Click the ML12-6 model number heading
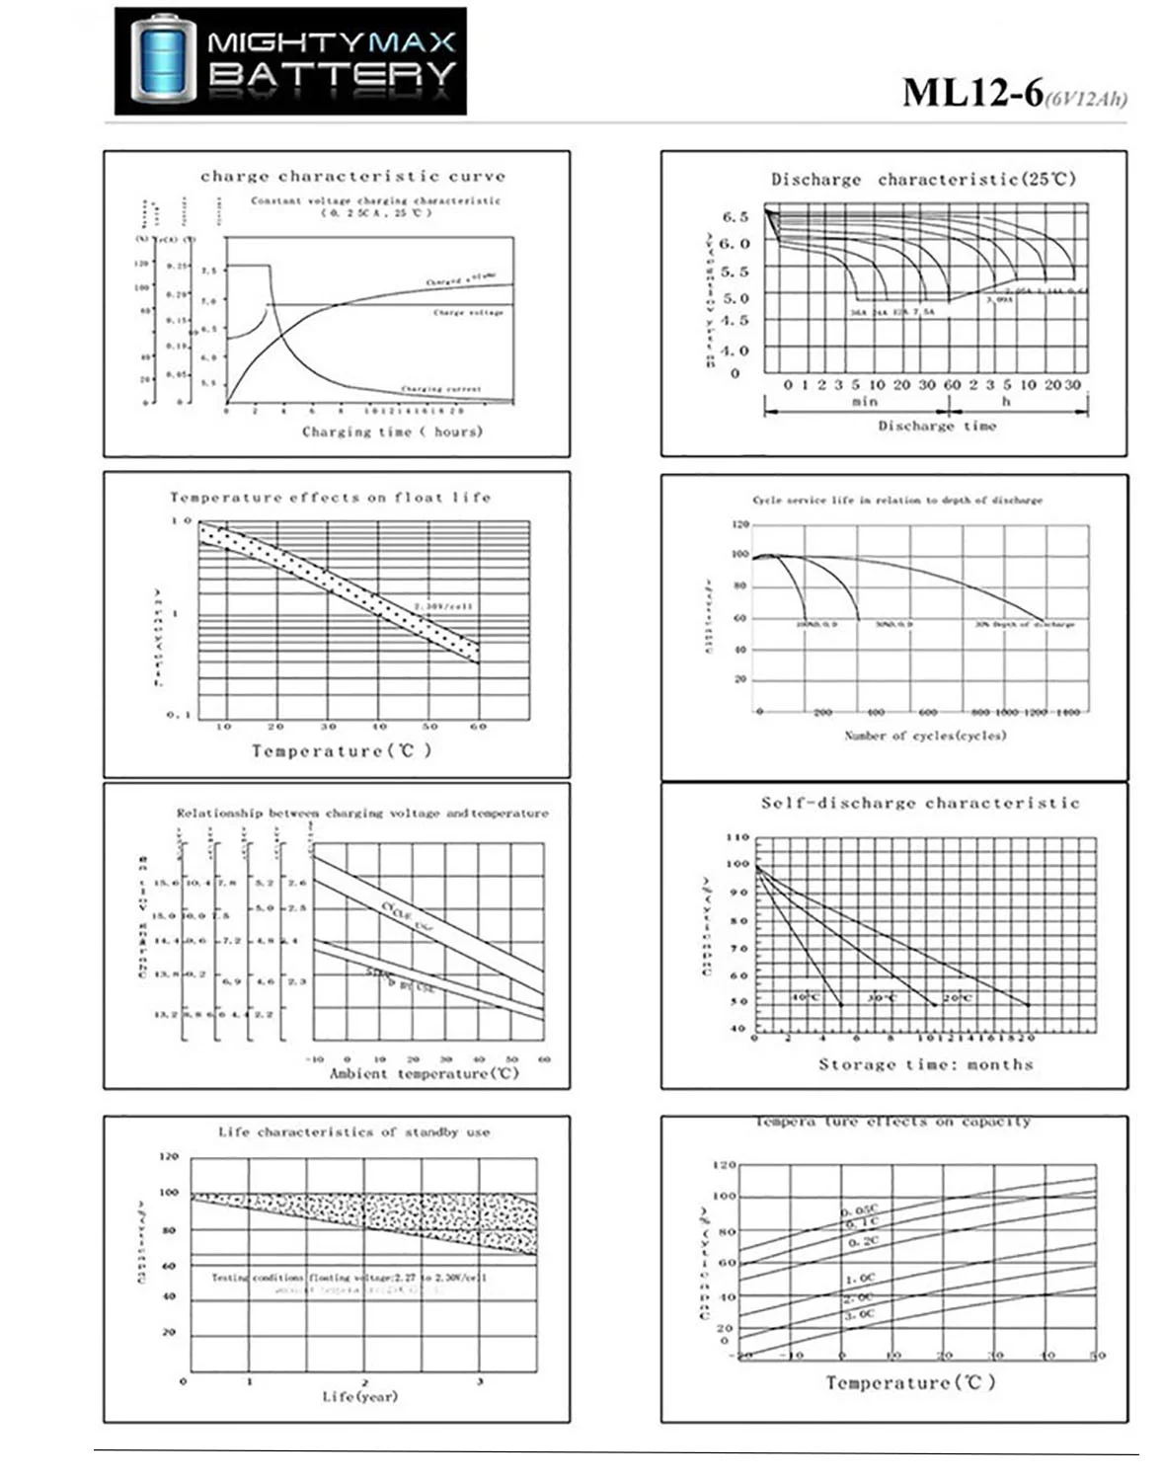pyautogui.click(x=972, y=92)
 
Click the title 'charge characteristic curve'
pyautogui.click(x=352, y=177)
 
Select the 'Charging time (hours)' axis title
pyautogui.click(x=392, y=431)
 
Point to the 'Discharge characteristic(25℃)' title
pyautogui.click(x=923, y=180)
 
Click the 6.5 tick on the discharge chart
pyautogui.click(x=736, y=216)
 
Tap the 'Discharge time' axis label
pyautogui.click(x=937, y=426)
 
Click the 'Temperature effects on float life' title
pyautogui.click(x=330, y=498)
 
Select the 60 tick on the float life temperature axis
pyautogui.click(x=478, y=727)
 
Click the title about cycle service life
pyautogui.click(x=896, y=500)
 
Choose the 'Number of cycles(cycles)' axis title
pyautogui.click(x=925, y=736)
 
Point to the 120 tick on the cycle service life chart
pyautogui.click(x=740, y=524)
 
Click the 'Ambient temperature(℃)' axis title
pyautogui.click(x=424, y=1073)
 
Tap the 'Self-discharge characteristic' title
pyautogui.click(x=920, y=804)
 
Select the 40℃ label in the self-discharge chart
pyautogui.click(x=806, y=997)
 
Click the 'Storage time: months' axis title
pyautogui.click(x=925, y=1064)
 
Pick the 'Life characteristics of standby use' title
pyautogui.click(x=353, y=1132)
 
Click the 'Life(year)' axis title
pyautogui.click(x=359, y=1397)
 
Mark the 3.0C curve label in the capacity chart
pyautogui.click(x=859, y=1315)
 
